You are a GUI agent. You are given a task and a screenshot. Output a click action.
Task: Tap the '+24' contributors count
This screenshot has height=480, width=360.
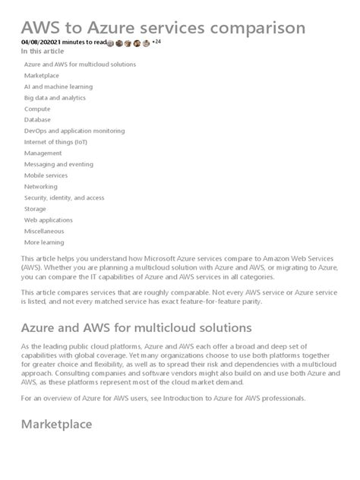click(x=156, y=43)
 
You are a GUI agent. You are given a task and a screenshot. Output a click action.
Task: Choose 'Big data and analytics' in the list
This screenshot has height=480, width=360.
click(x=55, y=98)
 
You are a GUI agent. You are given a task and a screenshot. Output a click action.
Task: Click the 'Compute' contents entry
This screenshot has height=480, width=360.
click(x=38, y=109)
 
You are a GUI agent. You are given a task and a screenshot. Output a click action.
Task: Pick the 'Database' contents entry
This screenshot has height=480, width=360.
click(x=38, y=120)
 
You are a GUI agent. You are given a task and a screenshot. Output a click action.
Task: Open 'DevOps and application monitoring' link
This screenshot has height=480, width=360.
click(x=74, y=131)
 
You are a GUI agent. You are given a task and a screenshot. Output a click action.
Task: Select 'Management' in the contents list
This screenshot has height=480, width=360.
click(x=43, y=153)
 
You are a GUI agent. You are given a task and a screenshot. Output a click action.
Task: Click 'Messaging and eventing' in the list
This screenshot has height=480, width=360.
click(x=58, y=164)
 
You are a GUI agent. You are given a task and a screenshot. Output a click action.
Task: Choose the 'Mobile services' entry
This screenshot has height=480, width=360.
click(x=46, y=175)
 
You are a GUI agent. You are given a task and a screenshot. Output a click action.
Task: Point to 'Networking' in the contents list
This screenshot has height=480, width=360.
click(x=41, y=186)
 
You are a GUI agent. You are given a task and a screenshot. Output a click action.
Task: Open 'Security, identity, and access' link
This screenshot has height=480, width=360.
click(x=65, y=197)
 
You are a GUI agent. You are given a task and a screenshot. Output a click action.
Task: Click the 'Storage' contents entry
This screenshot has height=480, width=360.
click(x=36, y=208)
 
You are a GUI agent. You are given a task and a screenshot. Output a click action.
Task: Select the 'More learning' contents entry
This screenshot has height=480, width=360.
click(x=44, y=242)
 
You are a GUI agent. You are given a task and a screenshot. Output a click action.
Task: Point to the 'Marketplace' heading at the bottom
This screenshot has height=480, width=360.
click(x=56, y=425)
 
